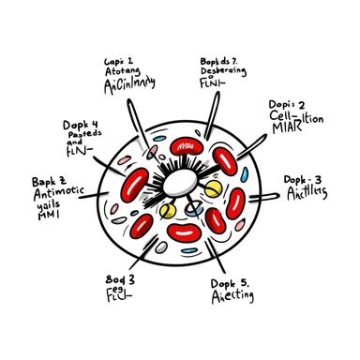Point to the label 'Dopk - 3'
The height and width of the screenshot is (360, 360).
(x=306, y=178)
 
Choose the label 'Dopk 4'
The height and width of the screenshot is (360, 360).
(x=82, y=124)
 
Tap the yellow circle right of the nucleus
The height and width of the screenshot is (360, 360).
(x=214, y=187)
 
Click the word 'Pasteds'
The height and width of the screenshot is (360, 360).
(x=82, y=136)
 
